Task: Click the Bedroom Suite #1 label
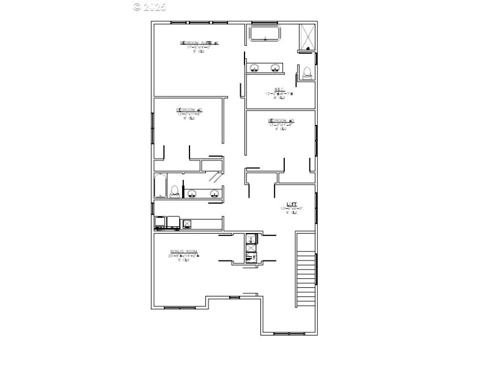click(x=199, y=43)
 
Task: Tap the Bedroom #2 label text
click(x=189, y=110)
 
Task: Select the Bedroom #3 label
click(x=281, y=120)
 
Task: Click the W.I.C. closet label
click(x=279, y=89)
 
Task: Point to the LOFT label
click(x=292, y=204)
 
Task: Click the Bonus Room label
click(x=184, y=251)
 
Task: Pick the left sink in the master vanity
click(x=254, y=67)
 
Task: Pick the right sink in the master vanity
click(x=275, y=67)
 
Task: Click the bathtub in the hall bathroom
click(x=160, y=185)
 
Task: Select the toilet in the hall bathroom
click(x=175, y=191)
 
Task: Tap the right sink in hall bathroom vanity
click(x=214, y=194)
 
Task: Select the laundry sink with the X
click(x=187, y=224)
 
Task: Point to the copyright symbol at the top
click(x=137, y=7)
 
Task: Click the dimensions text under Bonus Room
click(x=184, y=256)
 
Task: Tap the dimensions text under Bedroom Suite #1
click(x=199, y=48)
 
